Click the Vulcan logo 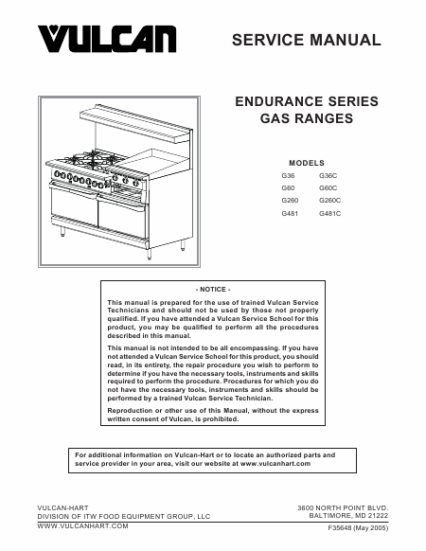coord(107,39)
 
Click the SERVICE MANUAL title coord(307,40)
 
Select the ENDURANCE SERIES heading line coord(307,101)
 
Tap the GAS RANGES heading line coord(307,118)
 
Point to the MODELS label coord(307,163)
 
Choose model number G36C coord(328,176)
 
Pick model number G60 coord(288,188)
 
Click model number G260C coord(329,201)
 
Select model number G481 coord(290,213)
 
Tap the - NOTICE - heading coord(213,290)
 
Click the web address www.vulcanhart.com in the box coord(275,464)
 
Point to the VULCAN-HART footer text coord(62,507)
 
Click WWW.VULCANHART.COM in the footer coord(82,526)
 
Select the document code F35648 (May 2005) coord(358,528)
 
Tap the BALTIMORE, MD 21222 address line coord(348,516)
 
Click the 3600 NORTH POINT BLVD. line coord(343,507)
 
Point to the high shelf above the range coord(135,124)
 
